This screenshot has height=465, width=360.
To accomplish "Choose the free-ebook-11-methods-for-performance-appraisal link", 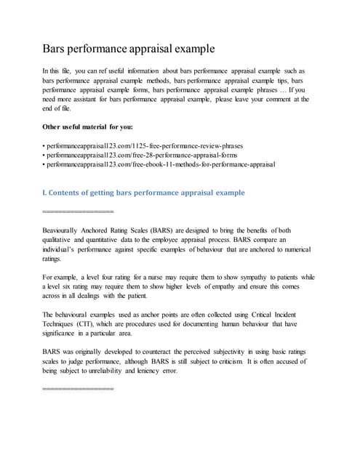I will [x=162, y=165].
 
